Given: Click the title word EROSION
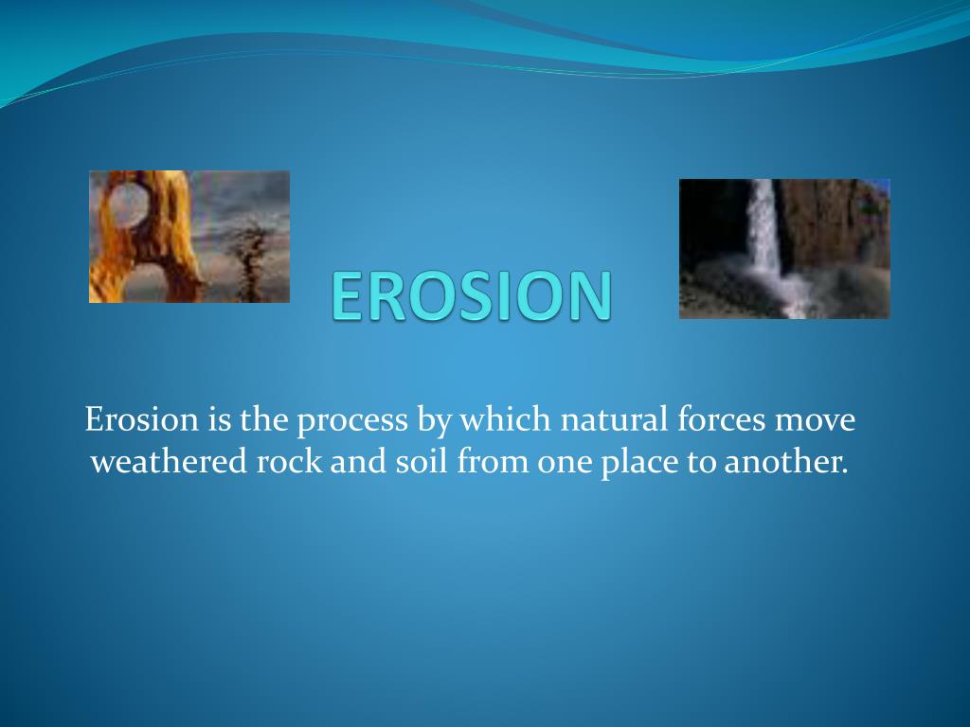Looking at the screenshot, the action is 472,296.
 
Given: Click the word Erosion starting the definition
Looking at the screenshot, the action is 142,419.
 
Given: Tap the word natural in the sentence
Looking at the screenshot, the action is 614,418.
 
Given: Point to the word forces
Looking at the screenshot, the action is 721,418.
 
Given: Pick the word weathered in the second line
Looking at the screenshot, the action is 169,461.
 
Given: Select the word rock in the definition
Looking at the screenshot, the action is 289,461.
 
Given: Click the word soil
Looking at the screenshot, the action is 422,461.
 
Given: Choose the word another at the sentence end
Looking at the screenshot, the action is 785,461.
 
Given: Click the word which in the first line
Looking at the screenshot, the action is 505,418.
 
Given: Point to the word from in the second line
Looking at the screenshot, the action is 493,461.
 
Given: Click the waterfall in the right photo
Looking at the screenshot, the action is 765,241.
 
